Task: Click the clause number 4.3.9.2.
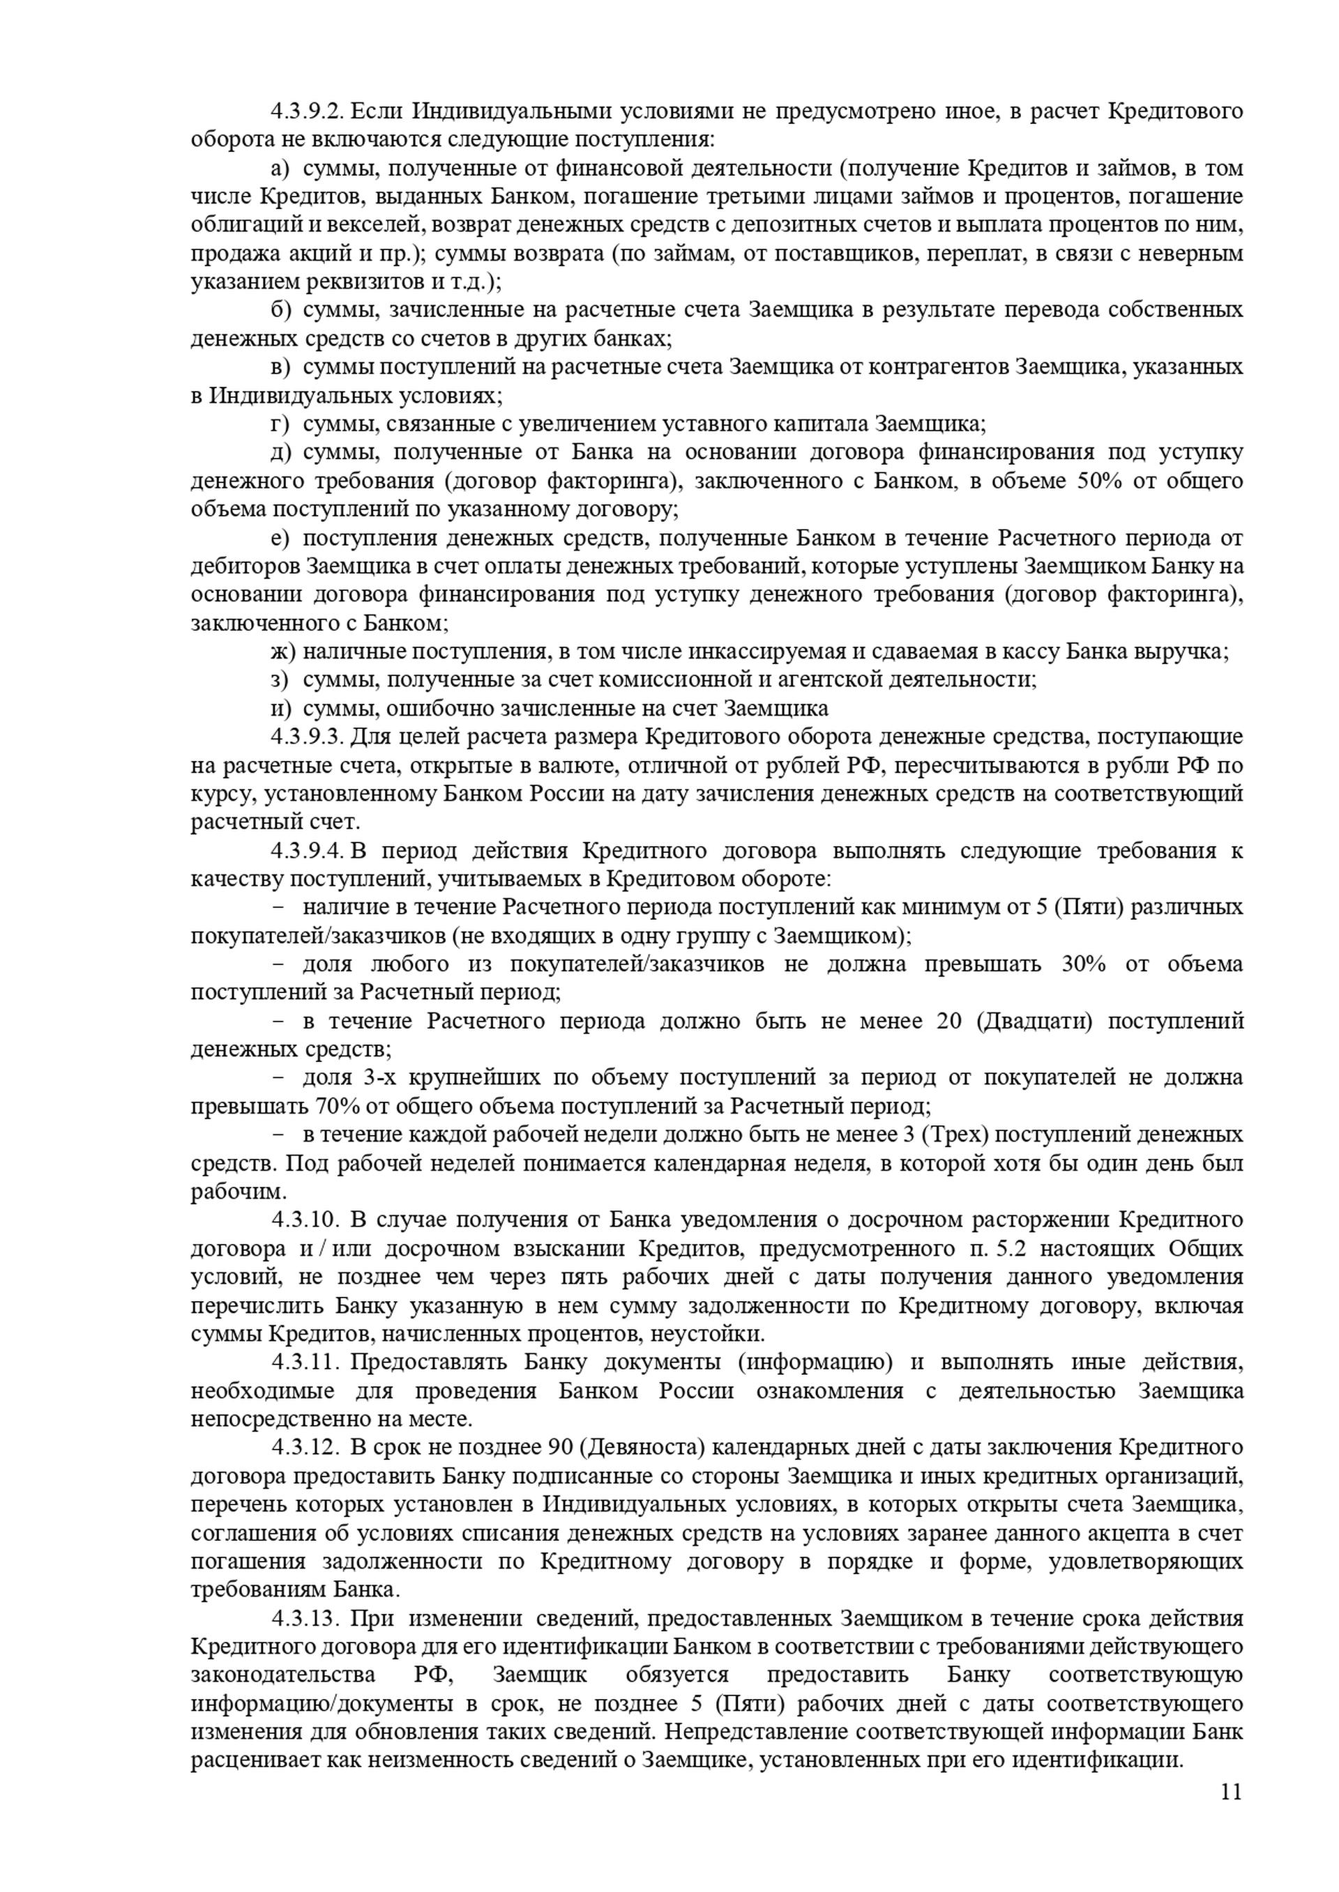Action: point(307,111)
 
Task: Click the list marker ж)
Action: point(283,652)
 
